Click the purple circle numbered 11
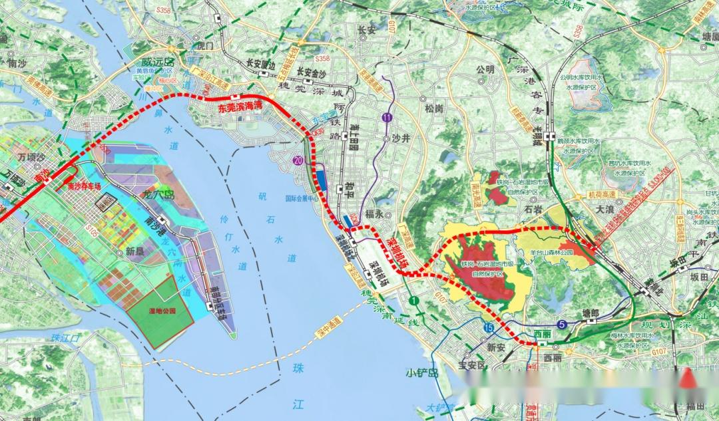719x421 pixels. [387, 117]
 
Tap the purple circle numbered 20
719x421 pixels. [297, 160]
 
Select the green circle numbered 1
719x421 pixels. [415, 301]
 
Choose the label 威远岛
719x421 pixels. [151, 61]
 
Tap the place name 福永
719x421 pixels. [375, 215]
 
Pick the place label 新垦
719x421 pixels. [134, 251]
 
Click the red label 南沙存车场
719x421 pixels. [84, 187]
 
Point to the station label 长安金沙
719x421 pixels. [313, 71]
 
